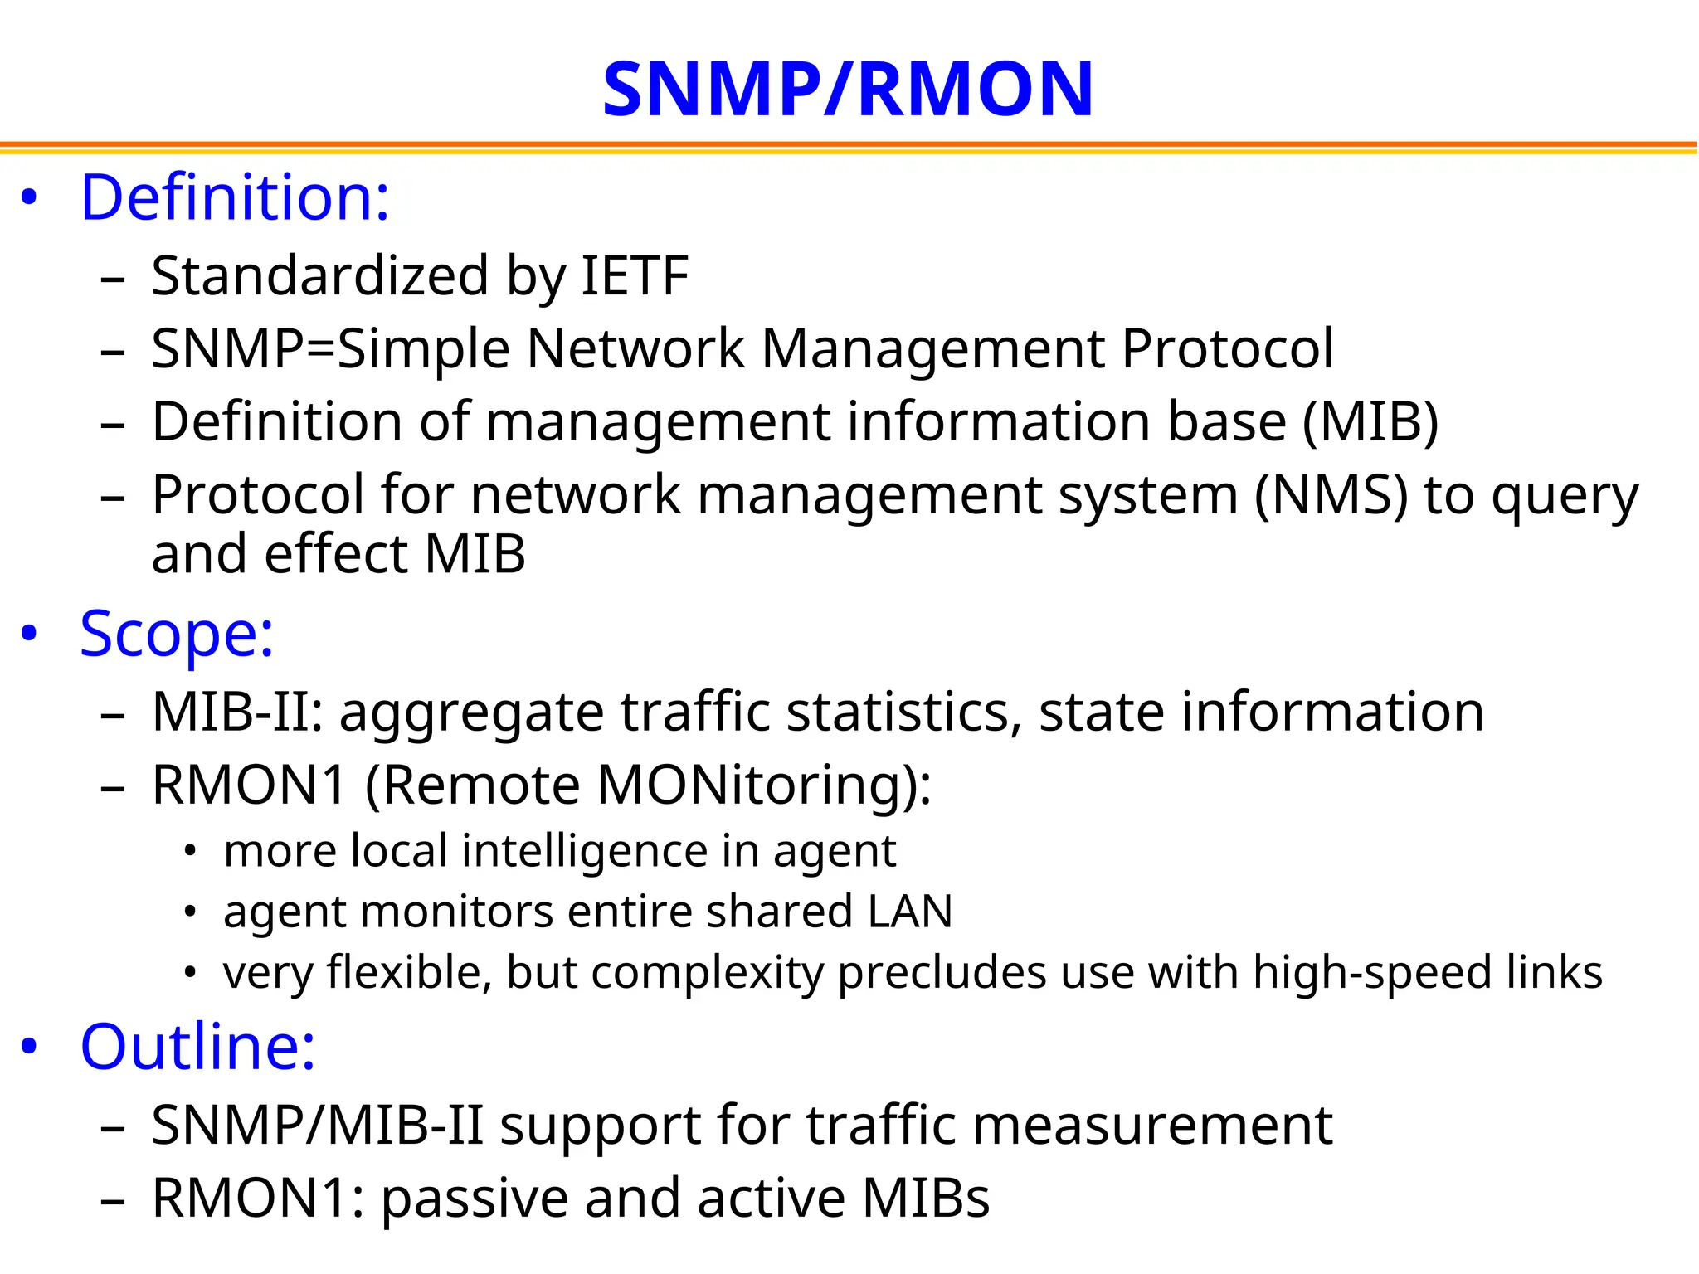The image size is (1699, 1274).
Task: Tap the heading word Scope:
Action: pyautogui.click(x=177, y=635)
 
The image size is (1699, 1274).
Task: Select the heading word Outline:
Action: pyautogui.click(x=197, y=1047)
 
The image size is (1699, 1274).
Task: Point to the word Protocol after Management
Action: pyautogui.click(x=1228, y=348)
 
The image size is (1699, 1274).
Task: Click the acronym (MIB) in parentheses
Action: pyautogui.click(x=1370, y=421)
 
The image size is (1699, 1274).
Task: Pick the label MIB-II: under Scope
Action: pyautogui.click(x=237, y=712)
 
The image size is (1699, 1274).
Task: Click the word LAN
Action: pyautogui.click(x=910, y=912)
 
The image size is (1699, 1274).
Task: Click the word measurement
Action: pyautogui.click(x=1152, y=1126)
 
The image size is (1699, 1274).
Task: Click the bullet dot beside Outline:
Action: pyautogui.click(x=30, y=1047)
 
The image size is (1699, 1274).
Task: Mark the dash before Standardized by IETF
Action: pyautogui.click(x=112, y=279)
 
